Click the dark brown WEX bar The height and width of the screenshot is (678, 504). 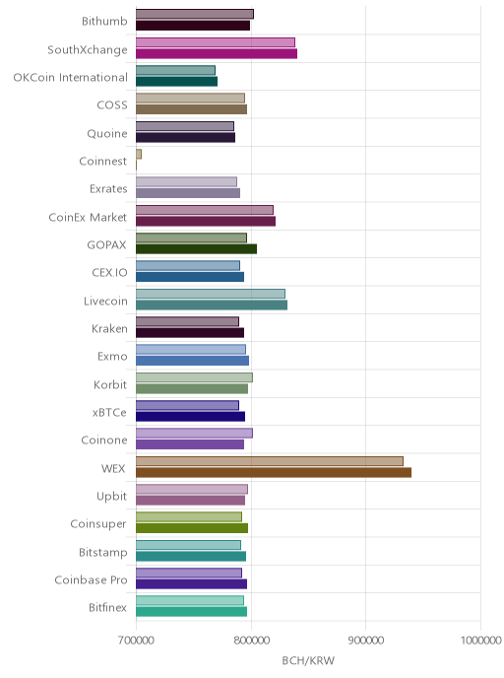coord(274,472)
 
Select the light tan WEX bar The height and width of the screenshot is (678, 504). coord(270,461)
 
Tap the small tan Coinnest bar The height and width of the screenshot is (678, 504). coord(139,154)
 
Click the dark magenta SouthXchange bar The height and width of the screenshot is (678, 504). coord(217,53)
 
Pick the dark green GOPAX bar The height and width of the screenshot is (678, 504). coord(197,249)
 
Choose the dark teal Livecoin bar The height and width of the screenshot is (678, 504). coord(212,305)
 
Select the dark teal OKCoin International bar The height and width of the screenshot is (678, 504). coord(176,81)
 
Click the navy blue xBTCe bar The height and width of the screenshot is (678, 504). coord(190,417)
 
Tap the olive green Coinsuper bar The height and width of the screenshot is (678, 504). coord(192,528)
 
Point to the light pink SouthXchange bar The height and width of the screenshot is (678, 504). coord(216,42)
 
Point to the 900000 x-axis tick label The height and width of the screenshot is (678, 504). coord(366,641)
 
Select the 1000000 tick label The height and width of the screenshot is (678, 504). coord(480,641)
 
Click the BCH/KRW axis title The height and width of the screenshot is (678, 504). coord(308,660)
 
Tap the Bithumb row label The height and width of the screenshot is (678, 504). coord(104,21)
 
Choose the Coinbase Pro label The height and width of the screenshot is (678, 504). coord(91,579)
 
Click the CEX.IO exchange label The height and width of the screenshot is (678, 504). coord(109,272)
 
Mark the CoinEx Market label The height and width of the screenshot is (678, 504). coord(88,217)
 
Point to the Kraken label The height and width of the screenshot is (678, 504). coord(109,328)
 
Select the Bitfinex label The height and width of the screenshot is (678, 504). coord(107,607)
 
